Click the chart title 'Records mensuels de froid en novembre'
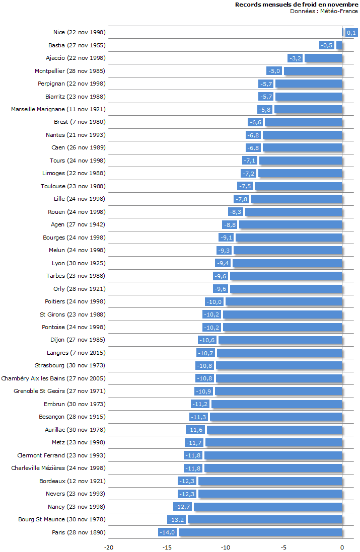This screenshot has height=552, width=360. click(296, 5)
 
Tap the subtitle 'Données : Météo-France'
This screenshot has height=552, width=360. click(324, 11)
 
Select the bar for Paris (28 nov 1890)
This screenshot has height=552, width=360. click(260, 532)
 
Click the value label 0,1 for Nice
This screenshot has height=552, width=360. click(351, 33)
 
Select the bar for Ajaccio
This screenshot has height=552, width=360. click(323, 58)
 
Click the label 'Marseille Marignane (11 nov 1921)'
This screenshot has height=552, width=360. click(58, 109)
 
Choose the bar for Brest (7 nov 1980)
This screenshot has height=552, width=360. click(304, 122)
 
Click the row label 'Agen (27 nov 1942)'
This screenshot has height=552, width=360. click(78, 224)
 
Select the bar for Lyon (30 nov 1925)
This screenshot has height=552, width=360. click(287, 263)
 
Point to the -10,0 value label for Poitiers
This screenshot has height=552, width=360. click(214, 301)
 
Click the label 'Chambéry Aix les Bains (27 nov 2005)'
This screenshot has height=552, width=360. click(53, 378)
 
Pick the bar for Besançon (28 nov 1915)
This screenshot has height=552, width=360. click(276, 417)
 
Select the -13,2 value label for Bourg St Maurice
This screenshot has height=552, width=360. click(177, 519)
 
